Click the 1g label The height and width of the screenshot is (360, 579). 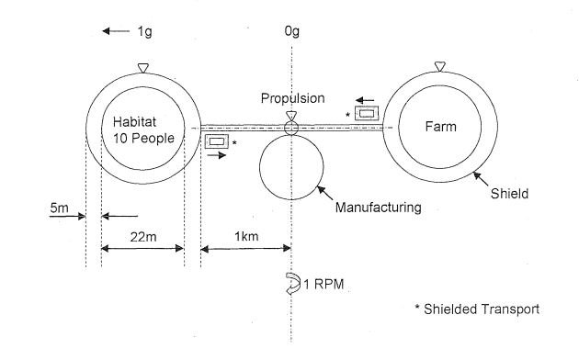(x=145, y=32)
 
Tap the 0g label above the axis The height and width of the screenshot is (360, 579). (x=291, y=32)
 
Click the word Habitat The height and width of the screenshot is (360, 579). (x=134, y=122)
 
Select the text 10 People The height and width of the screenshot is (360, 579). (x=143, y=139)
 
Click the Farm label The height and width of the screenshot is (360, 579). (x=440, y=127)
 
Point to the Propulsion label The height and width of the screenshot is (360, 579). (x=293, y=98)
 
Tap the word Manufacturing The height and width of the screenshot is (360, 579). (x=378, y=208)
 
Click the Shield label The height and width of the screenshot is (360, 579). (x=509, y=194)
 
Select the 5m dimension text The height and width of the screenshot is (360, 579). (x=59, y=208)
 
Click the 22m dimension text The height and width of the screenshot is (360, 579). (x=143, y=237)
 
